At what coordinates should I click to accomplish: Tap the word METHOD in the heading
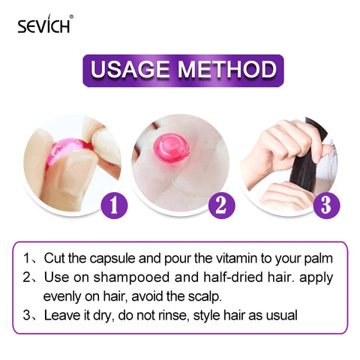pyautogui.click(x=226, y=70)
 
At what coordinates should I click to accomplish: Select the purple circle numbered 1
pyautogui.click(x=110, y=202)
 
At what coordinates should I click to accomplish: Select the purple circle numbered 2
pyautogui.click(x=218, y=202)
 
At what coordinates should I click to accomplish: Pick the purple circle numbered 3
pyautogui.click(x=325, y=202)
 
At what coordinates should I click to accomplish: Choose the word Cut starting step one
pyautogui.click(x=54, y=259)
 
